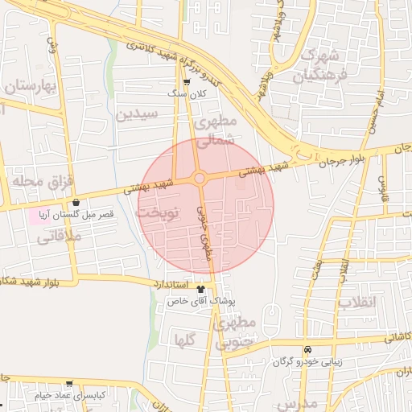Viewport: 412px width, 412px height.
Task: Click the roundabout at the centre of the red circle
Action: (200, 178)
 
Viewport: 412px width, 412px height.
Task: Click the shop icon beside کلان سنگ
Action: (187, 82)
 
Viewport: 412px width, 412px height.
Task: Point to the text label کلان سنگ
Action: (187, 94)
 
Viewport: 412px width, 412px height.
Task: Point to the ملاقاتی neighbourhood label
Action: (58, 236)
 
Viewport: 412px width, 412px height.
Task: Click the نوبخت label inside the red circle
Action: (156, 213)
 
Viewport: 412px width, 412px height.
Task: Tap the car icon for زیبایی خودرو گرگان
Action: (307, 350)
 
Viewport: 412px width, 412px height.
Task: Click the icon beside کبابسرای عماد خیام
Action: (69, 384)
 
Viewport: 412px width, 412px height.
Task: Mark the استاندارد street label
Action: (169, 284)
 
